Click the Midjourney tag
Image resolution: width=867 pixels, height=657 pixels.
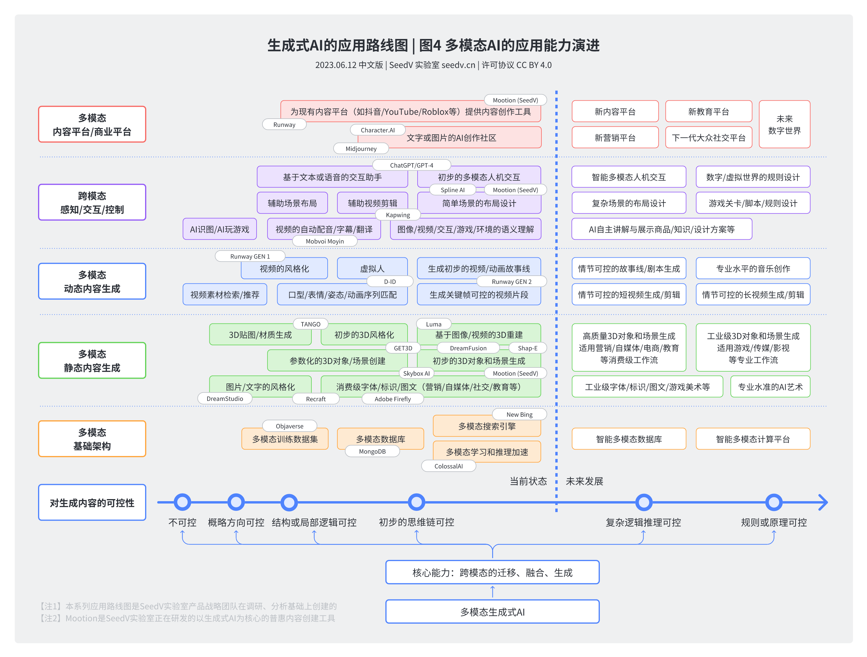[x=361, y=149]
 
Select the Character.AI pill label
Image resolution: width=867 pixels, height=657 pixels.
[x=377, y=130]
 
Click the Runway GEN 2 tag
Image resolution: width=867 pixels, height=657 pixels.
[x=511, y=282]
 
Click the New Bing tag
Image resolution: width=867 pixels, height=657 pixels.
[x=519, y=415]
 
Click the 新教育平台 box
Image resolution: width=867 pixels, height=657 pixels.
[x=708, y=112]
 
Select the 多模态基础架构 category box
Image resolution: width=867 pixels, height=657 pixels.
[x=92, y=439]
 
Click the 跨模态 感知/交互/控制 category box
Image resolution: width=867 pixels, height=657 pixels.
[x=92, y=202]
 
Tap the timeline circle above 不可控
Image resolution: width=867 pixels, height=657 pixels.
[x=182, y=502]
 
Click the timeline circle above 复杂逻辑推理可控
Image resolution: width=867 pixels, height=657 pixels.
[x=643, y=502]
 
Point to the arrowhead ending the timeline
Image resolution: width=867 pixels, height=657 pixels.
[x=823, y=502]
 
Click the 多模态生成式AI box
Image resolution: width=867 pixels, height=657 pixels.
[x=492, y=612]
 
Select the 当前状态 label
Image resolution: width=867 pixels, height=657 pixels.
[x=528, y=481]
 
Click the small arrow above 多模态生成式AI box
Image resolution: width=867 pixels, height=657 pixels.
[x=492, y=591]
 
